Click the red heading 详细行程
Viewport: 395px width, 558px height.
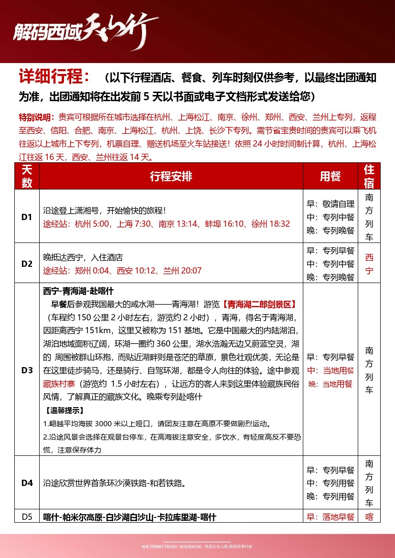53,77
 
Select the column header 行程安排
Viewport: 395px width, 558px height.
171,176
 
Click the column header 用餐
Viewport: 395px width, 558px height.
330,176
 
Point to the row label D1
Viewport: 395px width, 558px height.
27,217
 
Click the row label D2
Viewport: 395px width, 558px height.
27,263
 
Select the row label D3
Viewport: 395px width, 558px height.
27,370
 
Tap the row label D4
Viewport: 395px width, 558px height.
27,483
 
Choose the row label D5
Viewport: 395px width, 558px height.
27,517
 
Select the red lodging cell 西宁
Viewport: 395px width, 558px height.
369,264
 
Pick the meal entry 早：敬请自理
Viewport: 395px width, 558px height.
331,204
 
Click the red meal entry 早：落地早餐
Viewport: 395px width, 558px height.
331,517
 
